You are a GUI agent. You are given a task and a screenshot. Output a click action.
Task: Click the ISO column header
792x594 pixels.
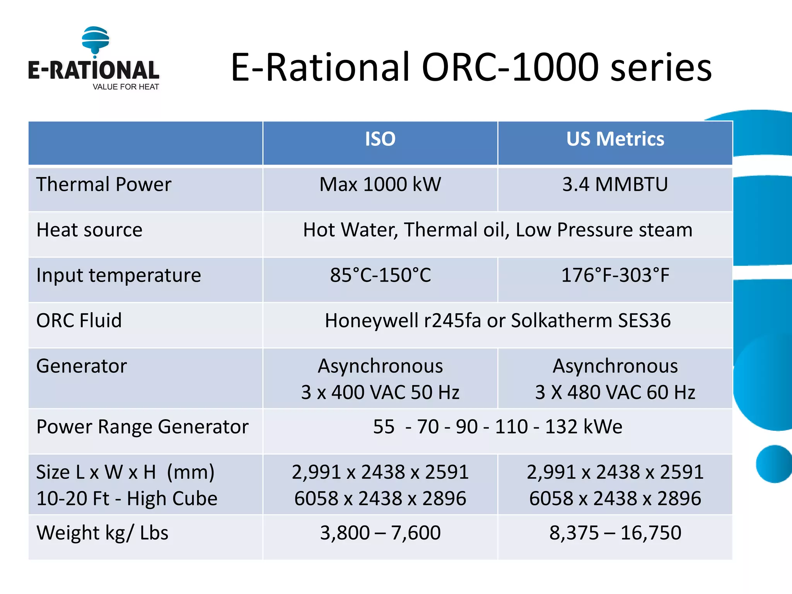[x=380, y=139]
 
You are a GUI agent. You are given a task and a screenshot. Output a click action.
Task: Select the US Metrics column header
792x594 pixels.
[x=615, y=139]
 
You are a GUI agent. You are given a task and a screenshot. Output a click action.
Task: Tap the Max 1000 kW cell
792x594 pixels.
[x=380, y=184]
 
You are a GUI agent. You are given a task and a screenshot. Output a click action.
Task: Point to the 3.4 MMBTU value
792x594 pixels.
[x=615, y=184]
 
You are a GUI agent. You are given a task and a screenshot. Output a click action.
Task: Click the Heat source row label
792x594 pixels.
[x=89, y=230]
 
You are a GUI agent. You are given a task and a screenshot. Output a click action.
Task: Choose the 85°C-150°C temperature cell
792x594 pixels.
[x=380, y=275]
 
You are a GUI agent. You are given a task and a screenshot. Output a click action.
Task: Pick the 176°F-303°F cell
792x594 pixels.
[x=615, y=275]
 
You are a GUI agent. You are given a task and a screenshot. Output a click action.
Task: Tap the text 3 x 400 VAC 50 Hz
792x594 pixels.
[x=380, y=393]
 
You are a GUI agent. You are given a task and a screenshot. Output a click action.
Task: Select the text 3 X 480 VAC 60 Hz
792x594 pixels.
[x=615, y=393]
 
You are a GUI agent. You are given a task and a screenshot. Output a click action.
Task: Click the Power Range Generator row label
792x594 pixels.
[x=142, y=427]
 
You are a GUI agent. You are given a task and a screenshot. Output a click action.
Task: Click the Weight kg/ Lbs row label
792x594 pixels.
[x=102, y=533]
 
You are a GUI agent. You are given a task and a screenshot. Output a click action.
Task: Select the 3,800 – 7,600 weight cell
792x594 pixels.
[x=380, y=533]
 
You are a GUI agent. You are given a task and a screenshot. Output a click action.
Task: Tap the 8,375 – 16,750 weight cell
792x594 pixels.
[x=615, y=533]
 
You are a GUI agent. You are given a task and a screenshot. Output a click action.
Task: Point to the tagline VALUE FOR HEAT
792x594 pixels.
[x=126, y=87]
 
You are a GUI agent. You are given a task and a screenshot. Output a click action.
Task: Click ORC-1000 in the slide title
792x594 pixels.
[x=510, y=68]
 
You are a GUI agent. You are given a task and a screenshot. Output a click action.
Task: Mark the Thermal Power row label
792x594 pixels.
[x=104, y=184]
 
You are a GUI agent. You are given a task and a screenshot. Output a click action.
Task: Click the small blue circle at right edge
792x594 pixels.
[x=774, y=464]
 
